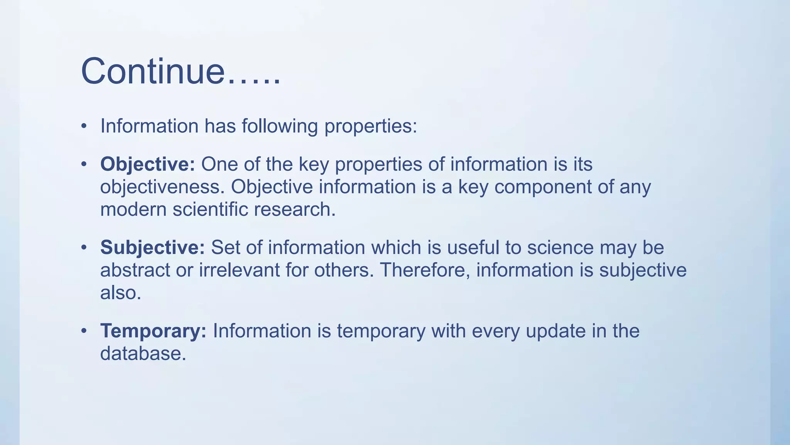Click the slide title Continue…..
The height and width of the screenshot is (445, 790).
point(181,71)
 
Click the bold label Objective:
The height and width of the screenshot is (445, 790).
point(148,164)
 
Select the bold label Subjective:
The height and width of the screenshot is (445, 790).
point(152,247)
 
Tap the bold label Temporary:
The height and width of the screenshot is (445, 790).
point(153,331)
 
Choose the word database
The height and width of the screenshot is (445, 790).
point(143,353)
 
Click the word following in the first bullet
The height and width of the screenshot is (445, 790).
point(280,126)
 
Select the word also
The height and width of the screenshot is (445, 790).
point(121,292)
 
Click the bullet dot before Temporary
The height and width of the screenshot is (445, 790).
point(84,331)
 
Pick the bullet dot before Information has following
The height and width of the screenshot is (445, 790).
point(84,126)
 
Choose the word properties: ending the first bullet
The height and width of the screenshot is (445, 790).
point(370,126)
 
